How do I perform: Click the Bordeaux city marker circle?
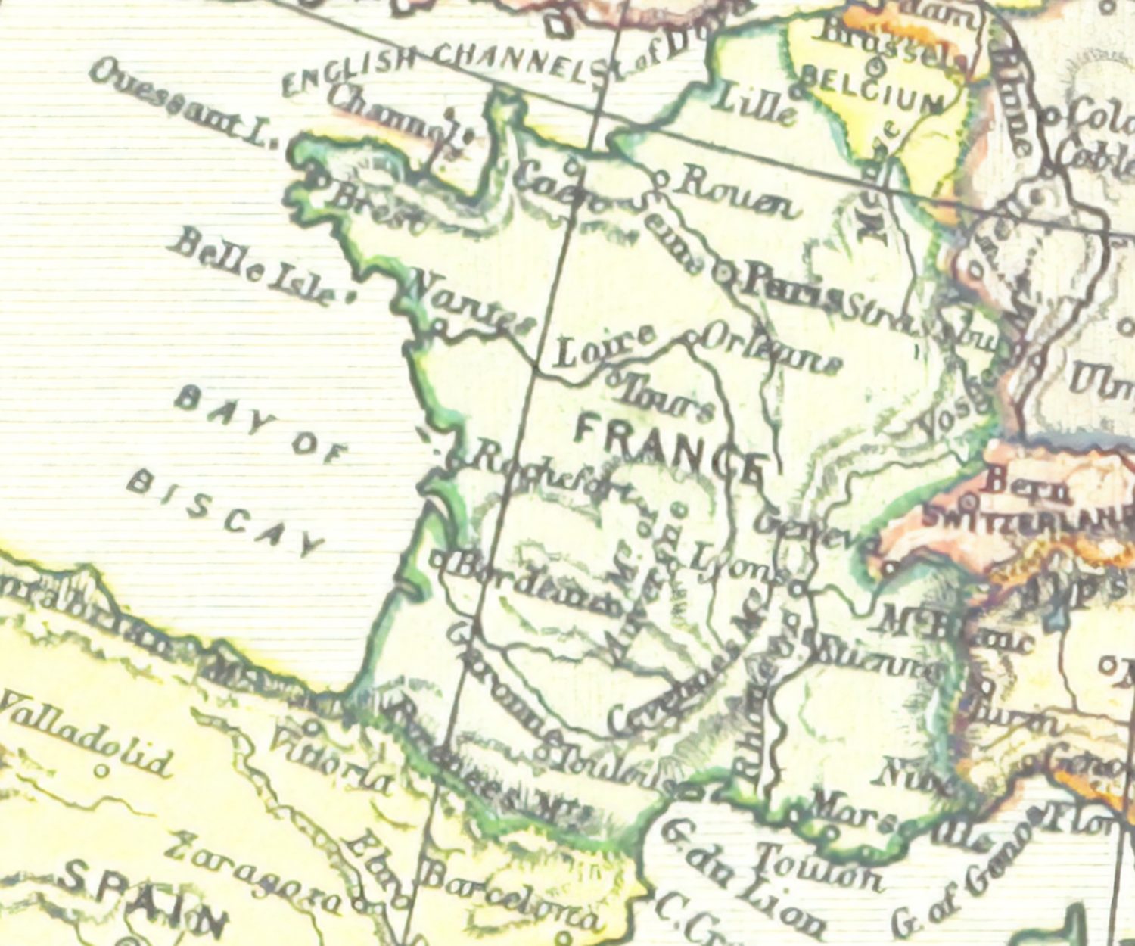pos(439,561)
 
